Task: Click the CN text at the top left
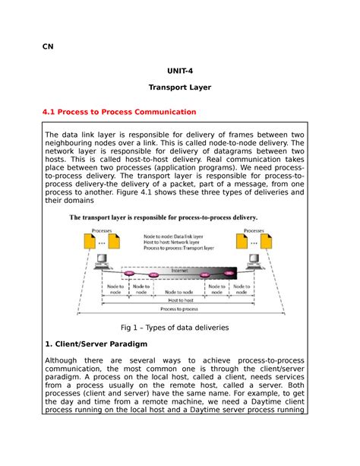(x=48, y=46)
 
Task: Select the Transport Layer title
(x=180, y=87)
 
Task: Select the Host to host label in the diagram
(x=180, y=301)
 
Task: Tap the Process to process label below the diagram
(x=180, y=310)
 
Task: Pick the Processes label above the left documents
(x=103, y=229)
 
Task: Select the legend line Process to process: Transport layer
(x=181, y=249)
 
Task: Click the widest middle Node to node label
(x=180, y=290)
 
